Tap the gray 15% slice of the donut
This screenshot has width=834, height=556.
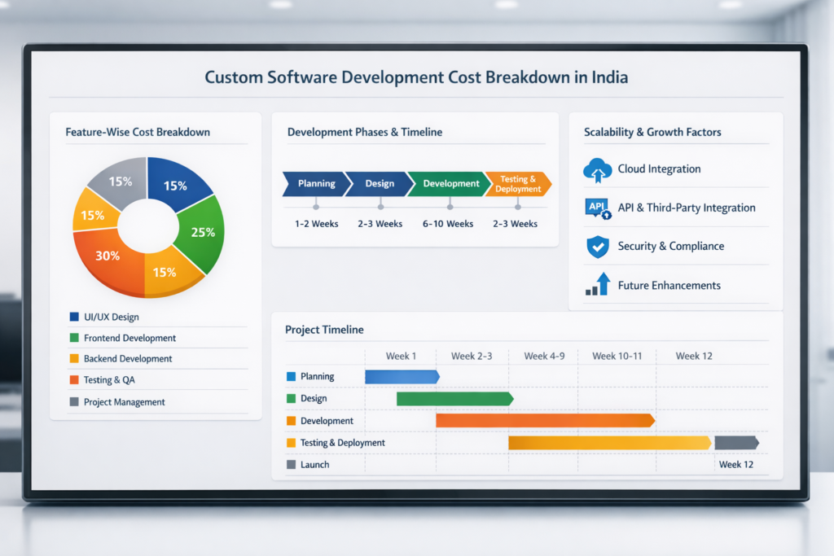pos(119,181)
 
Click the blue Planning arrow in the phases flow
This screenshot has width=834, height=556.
pos(314,184)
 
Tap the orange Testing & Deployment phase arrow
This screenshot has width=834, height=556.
pos(518,184)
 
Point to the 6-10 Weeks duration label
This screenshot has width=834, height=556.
pos(448,224)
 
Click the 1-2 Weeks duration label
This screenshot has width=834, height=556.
pos(317,224)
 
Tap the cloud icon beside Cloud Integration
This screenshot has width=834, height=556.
pos(597,169)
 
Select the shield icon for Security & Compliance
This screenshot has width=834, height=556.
pos(598,247)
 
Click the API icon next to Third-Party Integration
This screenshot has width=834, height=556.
pos(598,208)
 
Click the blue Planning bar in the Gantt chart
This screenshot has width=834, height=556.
pos(402,376)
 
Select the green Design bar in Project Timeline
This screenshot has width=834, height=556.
pos(454,399)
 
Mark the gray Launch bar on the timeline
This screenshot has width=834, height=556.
pos(736,443)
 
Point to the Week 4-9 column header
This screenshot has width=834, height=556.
pos(544,356)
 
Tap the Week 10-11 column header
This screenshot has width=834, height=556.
pos(617,356)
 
